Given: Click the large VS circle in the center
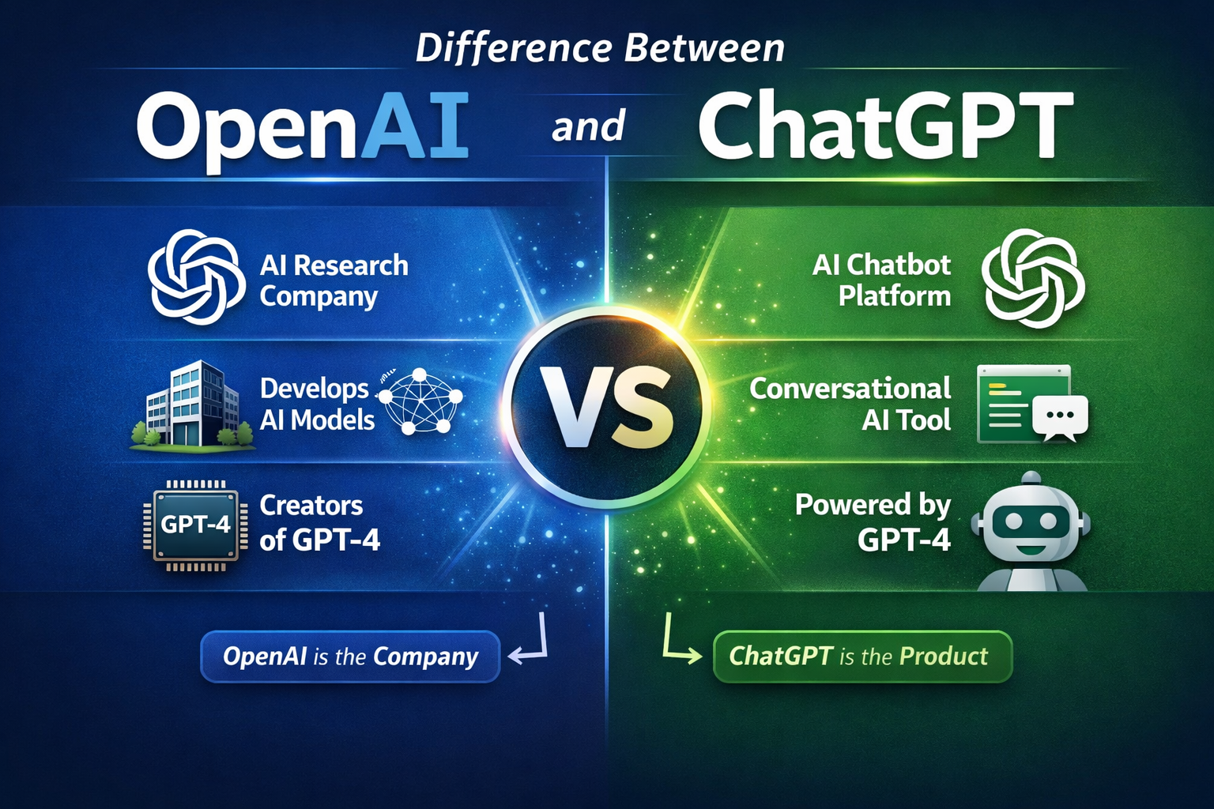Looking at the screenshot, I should [x=606, y=408].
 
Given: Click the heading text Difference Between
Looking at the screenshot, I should [x=601, y=48].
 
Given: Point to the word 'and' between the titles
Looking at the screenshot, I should [x=588, y=127].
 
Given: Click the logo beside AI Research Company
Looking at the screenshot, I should [x=196, y=277].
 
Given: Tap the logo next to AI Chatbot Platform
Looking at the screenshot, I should [x=1033, y=277].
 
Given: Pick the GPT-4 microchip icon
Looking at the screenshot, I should [x=194, y=525].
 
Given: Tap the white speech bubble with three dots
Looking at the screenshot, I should [x=1060, y=416].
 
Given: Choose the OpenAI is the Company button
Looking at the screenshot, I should [x=350, y=657].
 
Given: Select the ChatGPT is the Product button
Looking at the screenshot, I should [x=862, y=657].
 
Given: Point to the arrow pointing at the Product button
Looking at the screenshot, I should [x=679, y=640].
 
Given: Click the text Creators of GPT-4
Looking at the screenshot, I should [x=319, y=522].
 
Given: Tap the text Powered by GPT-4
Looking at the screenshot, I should [x=873, y=522].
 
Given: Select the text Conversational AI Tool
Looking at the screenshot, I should [x=851, y=404].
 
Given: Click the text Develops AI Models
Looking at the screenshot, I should [x=317, y=404].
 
